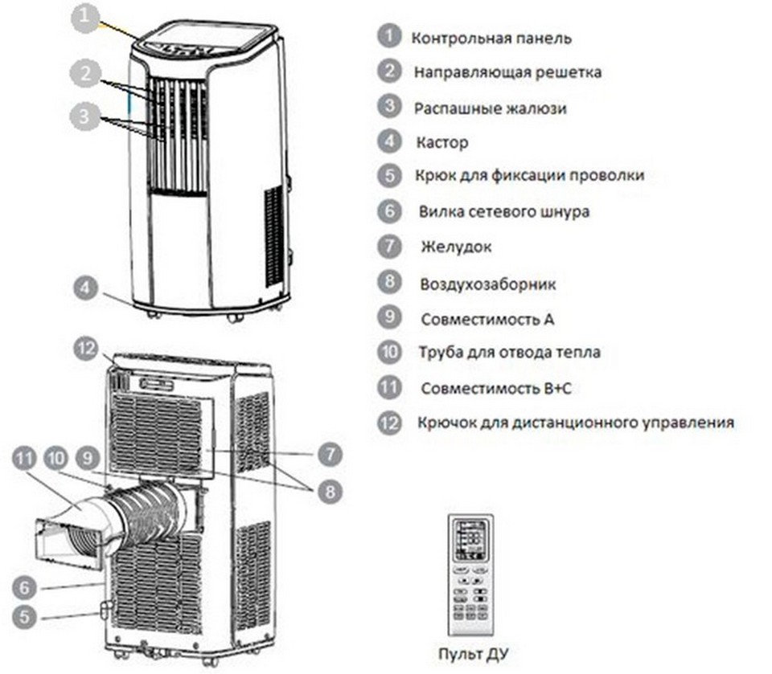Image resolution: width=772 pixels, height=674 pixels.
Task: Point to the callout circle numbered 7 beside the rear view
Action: tap(329, 455)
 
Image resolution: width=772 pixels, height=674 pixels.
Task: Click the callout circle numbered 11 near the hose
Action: tap(27, 460)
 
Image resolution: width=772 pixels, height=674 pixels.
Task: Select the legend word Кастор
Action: tap(441, 143)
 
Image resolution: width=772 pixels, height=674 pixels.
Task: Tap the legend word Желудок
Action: tap(455, 247)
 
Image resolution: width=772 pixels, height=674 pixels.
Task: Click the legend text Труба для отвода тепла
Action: tap(509, 352)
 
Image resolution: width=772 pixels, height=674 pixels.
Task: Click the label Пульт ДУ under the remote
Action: tap(474, 653)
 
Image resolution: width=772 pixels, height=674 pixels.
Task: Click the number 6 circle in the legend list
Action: tap(389, 211)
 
